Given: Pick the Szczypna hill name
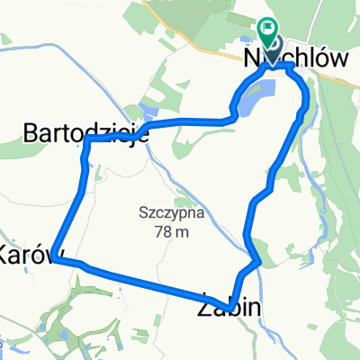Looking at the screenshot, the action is coord(170,214).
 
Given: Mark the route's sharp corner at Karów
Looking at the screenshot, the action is coord(54,257).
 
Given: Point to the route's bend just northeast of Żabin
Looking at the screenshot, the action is coord(258,263).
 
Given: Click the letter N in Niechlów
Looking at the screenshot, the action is coord(252,57).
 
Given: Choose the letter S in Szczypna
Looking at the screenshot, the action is coord(144,214).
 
